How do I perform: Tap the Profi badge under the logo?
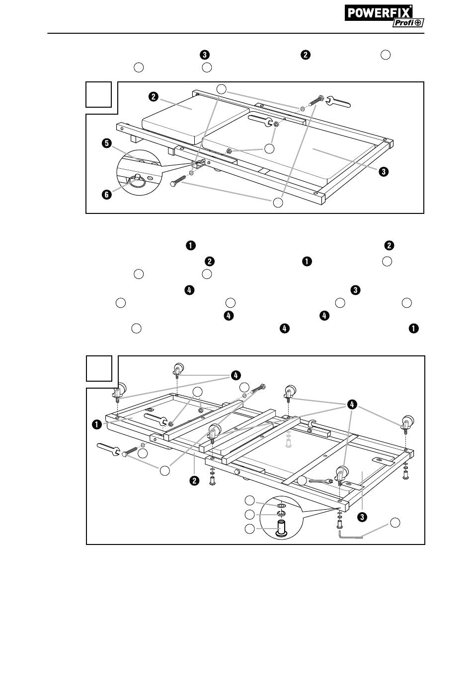[x=407, y=23]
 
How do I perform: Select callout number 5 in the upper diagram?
[x=106, y=144]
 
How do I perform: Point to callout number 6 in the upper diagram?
[x=106, y=195]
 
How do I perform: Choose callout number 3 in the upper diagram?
[x=383, y=172]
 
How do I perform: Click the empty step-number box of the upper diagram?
[x=98, y=95]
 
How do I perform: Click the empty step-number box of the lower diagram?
[x=98, y=369]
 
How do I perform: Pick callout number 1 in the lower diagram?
[x=96, y=424]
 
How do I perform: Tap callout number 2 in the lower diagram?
[x=195, y=480]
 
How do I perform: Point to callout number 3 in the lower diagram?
[x=363, y=517]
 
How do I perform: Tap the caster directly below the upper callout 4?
[x=178, y=369]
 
